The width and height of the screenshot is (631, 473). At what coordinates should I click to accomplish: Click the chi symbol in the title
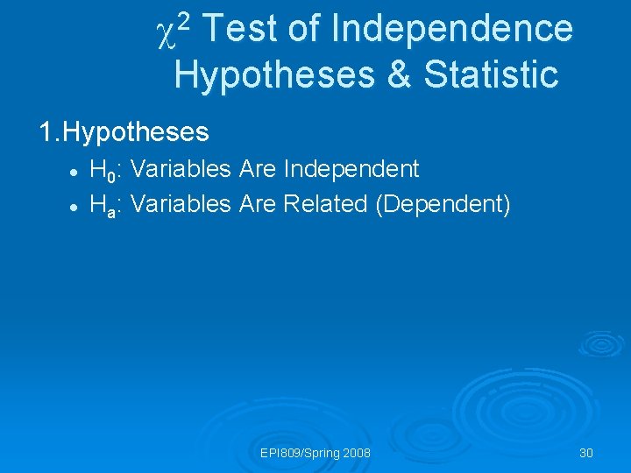(x=166, y=32)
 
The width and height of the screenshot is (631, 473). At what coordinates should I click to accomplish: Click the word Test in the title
(x=243, y=29)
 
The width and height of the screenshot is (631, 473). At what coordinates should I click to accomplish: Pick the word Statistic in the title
(x=491, y=74)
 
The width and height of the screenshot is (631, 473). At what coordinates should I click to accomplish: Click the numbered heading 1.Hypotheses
(x=124, y=132)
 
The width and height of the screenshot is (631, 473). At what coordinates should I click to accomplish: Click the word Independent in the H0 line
(x=351, y=168)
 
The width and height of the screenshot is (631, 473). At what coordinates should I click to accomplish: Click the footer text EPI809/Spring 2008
(x=315, y=453)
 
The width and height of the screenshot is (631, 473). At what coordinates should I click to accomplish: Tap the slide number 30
(x=586, y=453)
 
